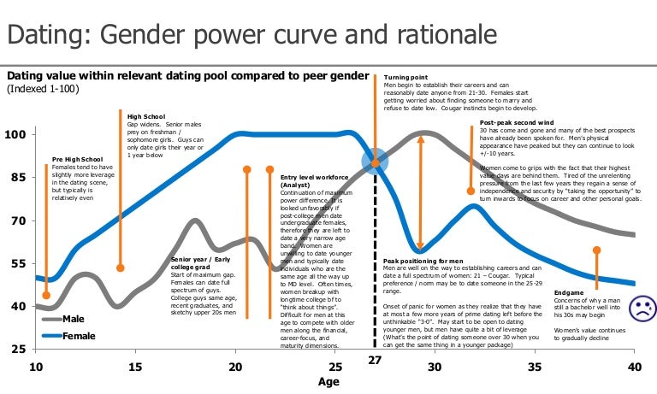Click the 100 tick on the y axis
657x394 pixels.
point(15,135)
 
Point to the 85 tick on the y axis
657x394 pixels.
point(16,178)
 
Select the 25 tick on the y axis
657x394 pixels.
point(16,350)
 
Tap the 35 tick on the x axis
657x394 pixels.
point(534,368)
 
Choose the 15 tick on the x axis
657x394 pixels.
point(135,368)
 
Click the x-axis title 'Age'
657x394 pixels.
point(328,383)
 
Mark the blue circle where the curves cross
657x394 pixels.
point(374,161)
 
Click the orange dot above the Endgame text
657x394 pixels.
point(596,250)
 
